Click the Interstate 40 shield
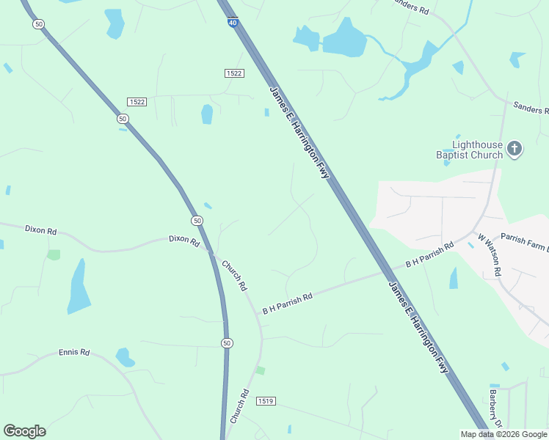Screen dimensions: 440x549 (233, 23)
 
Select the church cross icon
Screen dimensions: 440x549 (515, 149)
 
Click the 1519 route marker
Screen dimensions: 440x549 (266, 401)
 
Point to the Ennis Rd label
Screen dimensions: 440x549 (73, 353)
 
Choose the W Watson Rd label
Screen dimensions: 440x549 (489, 254)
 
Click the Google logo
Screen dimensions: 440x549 (24, 431)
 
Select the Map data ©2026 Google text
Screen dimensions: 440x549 (503, 434)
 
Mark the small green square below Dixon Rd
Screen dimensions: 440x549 (53, 254)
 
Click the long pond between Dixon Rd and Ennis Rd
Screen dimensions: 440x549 (78, 286)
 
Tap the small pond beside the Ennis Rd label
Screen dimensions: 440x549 (125, 358)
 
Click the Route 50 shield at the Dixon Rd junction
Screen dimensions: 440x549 (197, 221)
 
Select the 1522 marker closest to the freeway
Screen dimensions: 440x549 (234, 73)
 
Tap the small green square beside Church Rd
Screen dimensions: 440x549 (260, 370)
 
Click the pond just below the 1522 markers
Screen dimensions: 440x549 (207, 114)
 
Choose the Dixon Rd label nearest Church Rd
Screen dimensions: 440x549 (184, 240)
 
